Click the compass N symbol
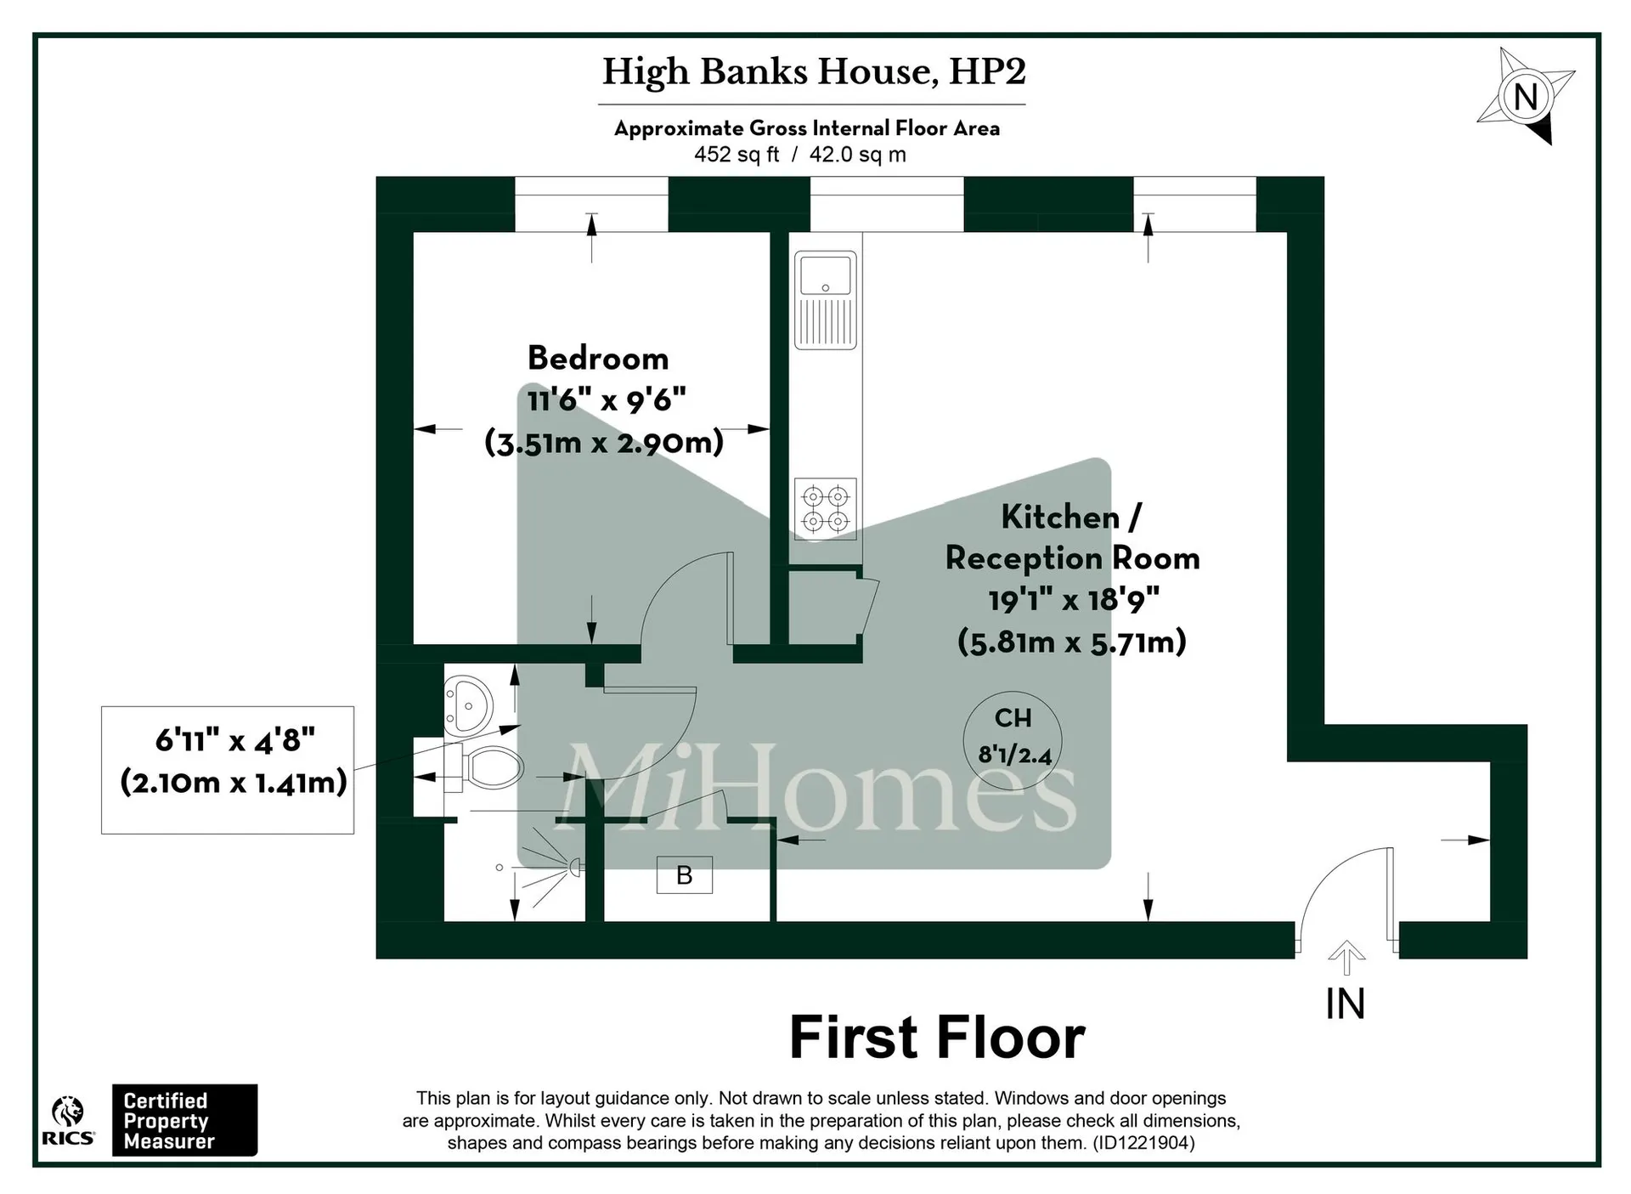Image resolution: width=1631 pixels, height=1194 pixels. point(1526,96)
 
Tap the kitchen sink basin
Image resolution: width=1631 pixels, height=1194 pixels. point(825,274)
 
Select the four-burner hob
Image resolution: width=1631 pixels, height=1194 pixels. point(825,508)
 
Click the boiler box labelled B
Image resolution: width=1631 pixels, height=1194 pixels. point(685,874)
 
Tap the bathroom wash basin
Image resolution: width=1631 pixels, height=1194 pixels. point(467,705)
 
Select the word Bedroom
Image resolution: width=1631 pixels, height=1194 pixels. point(598,358)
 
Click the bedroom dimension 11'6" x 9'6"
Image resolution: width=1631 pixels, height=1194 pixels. point(607,399)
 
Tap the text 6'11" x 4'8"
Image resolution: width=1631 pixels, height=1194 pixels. point(234,740)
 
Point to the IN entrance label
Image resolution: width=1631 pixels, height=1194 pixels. point(1346,1004)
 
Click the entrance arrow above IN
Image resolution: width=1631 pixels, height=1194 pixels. point(1346,958)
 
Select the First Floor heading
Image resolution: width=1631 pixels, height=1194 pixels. point(937,1038)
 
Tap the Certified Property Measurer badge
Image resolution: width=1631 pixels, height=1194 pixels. point(185,1120)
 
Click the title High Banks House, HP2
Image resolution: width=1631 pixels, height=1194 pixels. point(814,72)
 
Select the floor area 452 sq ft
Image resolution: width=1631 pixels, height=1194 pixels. point(736,155)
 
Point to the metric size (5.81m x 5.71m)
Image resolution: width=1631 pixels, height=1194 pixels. point(1072,642)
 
